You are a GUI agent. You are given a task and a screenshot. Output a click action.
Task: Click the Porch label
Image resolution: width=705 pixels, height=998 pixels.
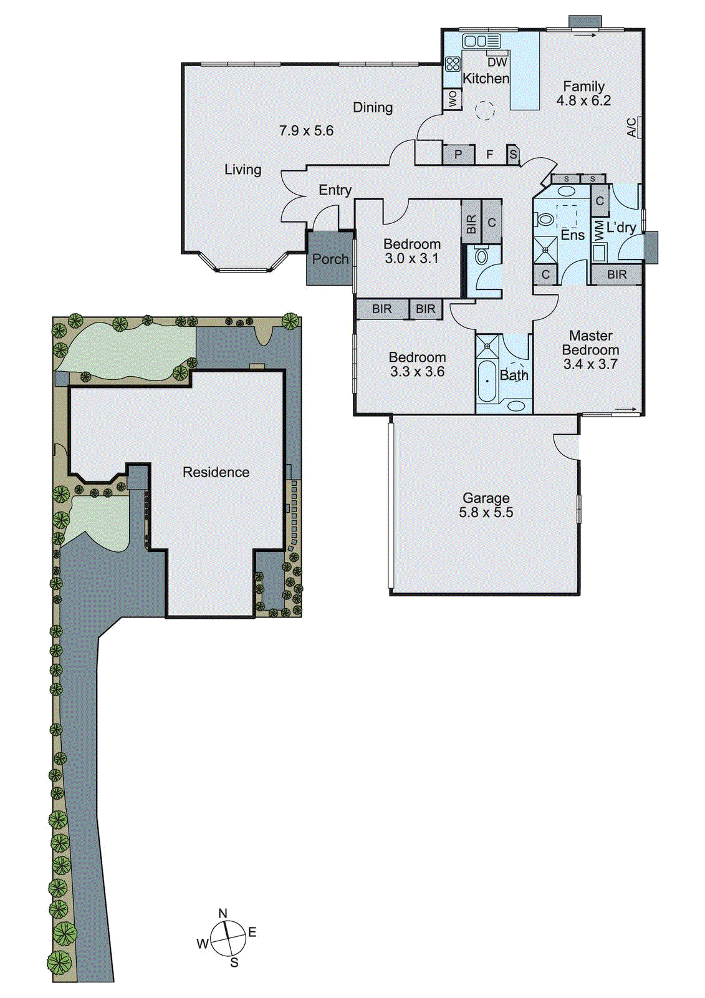click(330, 259)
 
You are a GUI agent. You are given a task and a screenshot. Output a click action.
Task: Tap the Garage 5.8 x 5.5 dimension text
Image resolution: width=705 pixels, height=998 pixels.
click(486, 513)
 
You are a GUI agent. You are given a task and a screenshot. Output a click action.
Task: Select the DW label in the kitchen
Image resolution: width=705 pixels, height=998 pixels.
click(497, 62)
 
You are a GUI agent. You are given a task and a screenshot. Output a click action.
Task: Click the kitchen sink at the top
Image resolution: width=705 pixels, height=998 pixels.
click(481, 41)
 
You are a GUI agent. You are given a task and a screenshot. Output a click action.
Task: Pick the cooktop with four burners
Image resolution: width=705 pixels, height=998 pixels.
click(453, 63)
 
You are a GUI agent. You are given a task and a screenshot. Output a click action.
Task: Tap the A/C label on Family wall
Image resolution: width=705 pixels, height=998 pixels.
click(631, 128)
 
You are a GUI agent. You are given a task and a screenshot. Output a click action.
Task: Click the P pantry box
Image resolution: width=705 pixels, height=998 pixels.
click(458, 154)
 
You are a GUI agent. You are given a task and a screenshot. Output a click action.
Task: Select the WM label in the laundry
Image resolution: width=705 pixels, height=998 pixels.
click(598, 231)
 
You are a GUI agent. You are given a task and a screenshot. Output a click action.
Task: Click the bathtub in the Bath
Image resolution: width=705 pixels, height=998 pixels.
click(487, 380)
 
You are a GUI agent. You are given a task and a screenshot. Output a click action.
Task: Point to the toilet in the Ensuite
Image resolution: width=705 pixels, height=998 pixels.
click(545, 219)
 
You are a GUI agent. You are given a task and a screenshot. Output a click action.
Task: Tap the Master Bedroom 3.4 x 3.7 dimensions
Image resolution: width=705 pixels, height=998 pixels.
click(590, 364)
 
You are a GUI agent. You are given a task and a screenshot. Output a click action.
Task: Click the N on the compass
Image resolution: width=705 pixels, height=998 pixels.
click(223, 913)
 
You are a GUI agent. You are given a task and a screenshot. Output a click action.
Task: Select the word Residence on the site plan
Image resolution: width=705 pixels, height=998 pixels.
click(216, 472)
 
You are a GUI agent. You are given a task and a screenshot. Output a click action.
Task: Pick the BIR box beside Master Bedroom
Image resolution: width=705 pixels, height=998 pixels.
click(616, 274)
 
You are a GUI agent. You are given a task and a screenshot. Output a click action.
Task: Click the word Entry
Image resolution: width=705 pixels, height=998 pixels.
click(335, 190)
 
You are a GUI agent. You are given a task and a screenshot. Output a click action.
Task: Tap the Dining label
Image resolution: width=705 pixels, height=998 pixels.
click(373, 107)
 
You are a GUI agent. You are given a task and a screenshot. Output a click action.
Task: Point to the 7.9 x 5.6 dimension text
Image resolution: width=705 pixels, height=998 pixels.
click(306, 131)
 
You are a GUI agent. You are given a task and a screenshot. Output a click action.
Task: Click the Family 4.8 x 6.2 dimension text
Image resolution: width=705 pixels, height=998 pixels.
click(583, 101)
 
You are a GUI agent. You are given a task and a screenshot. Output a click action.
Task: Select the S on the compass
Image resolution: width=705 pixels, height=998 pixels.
click(234, 962)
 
